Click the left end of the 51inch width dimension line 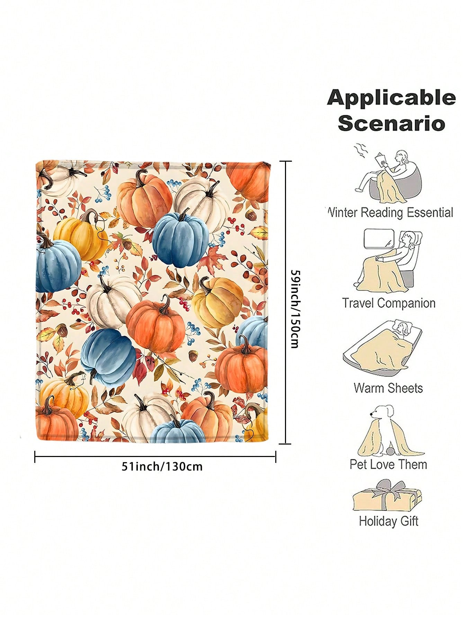pos(35,457)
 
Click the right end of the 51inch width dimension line pos(276,457)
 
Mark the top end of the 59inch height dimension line pos(285,161)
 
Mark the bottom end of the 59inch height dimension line pos(285,444)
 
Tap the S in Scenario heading pos(347,124)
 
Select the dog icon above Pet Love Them pos(390,431)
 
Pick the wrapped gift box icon pos(387,495)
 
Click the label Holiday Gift pos(389,521)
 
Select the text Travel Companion pos(389,303)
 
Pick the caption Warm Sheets pos(388,388)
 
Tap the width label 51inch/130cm pos(162,466)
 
